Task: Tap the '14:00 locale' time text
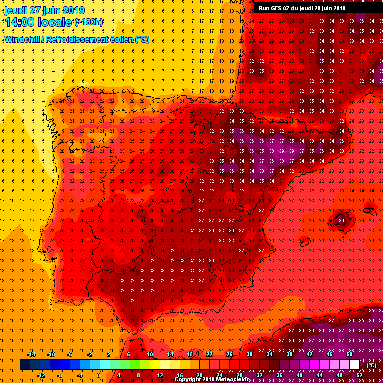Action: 38,22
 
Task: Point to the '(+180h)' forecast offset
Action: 88,22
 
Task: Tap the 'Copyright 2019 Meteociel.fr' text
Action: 214,379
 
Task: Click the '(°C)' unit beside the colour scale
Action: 371,365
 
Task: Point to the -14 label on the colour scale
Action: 31,354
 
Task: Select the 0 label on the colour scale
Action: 99,375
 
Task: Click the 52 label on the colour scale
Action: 360,375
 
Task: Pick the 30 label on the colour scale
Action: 249,354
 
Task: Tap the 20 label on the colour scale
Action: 199,375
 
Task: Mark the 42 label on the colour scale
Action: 309,354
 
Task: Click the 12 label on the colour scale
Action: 159,375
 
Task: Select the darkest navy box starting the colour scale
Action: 25,365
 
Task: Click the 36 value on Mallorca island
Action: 341,220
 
